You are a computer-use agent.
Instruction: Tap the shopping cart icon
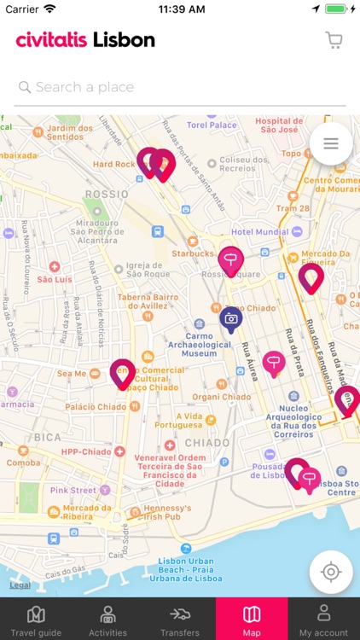pyautogui.click(x=334, y=40)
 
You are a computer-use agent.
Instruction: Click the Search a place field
pyautogui.click(x=179, y=87)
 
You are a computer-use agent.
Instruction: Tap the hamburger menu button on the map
pyautogui.click(x=331, y=144)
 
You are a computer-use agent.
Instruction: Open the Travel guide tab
pyautogui.click(x=36, y=620)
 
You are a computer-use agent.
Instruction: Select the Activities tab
pyautogui.click(x=107, y=620)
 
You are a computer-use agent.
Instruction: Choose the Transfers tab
pyautogui.click(x=179, y=620)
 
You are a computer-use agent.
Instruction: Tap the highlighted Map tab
pyautogui.click(x=252, y=620)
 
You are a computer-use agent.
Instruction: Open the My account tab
pyautogui.click(x=323, y=620)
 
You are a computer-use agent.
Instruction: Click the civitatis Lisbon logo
pyautogui.click(x=85, y=40)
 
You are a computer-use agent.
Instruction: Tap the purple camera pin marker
pyautogui.click(x=230, y=319)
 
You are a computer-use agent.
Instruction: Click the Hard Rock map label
pyautogui.click(x=113, y=164)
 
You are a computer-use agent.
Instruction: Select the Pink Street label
pyautogui.click(x=73, y=491)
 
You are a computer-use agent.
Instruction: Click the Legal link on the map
pyautogui.click(x=20, y=585)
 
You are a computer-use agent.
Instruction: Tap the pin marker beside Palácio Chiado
pyautogui.click(x=123, y=374)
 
